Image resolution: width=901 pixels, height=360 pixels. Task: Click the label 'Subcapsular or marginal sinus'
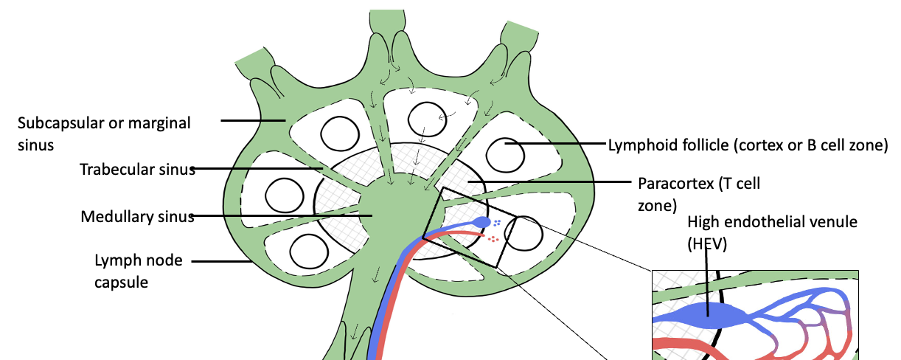(x=103, y=132)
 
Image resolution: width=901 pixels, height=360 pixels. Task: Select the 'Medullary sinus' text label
(x=137, y=217)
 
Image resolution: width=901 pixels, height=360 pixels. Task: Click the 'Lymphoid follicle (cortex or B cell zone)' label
(x=746, y=145)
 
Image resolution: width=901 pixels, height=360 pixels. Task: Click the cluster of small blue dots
(x=498, y=222)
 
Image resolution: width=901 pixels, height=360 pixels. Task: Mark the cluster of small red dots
(x=493, y=239)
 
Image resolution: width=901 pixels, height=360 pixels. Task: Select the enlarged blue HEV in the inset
(x=708, y=315)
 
